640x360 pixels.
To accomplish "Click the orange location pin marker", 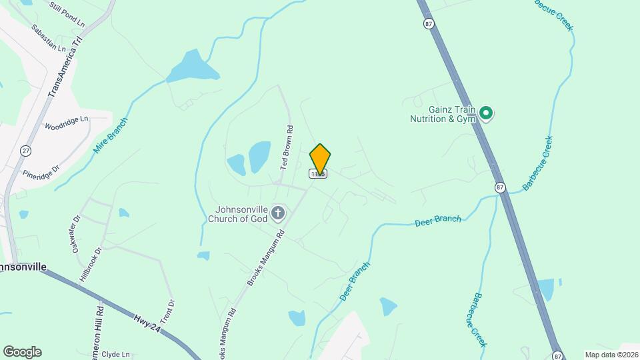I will [320, 159].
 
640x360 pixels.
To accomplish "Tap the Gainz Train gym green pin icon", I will [487, 114].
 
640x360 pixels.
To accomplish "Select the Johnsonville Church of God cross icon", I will [278, 214].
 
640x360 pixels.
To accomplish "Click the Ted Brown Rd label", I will [286, 147].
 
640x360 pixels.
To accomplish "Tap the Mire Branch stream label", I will [110, 136].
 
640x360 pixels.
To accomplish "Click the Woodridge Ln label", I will [67, 123].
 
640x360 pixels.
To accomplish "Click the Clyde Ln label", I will [115, 355].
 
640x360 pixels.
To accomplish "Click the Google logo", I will [22, 352].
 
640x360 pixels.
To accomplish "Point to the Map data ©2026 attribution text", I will [611, 355].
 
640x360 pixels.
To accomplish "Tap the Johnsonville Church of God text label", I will [237, 213].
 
